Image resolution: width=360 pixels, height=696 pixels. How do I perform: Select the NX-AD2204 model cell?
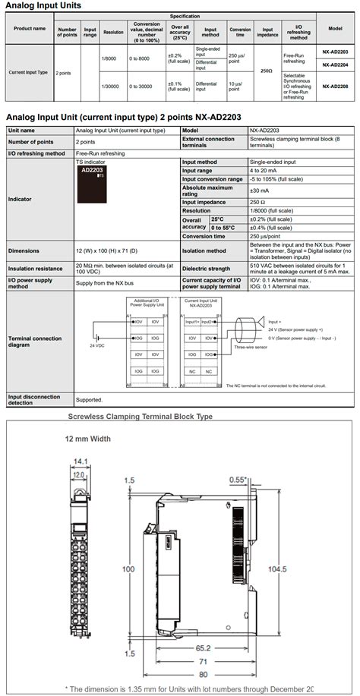pyautogui.click(x=334, y=65)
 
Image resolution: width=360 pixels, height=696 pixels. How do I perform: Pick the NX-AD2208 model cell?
pyautogui.click(x=334, y=87)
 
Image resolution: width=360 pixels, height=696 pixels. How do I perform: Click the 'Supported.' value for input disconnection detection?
pyautogui.click(x=89, y=399)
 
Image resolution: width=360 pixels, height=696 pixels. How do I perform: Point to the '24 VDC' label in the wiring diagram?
pyautogui.click(x=97, y=345)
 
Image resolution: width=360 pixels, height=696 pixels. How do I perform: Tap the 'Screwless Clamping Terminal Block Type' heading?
pyautogui.click(x=141, y=416)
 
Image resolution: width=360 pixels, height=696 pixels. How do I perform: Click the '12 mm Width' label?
pyautogui.click(x=88, y=439)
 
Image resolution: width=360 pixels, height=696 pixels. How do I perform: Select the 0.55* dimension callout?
pyautogui.click(x=238, y=480)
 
